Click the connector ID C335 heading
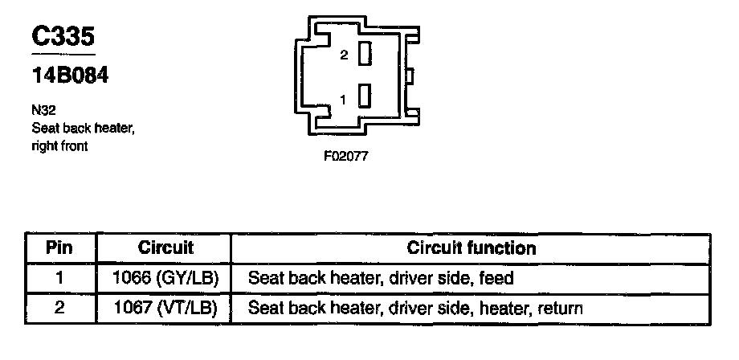(x=63, y=37)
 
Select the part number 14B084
(x=70, y=76)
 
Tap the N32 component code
(x=43, y=112)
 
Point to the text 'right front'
(x=59, y=146)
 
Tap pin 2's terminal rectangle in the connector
(x=365, y=55)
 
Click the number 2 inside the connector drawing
(x=344, y=55)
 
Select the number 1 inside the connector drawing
(x=343, y=100)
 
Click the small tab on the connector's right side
(x=409, y=76)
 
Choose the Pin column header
(x=60, y=247)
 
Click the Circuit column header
(x=166, y=247)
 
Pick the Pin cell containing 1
(x=60, y=279)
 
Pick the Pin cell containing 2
(x=60, y=308)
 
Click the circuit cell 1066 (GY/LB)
(x=166, y=279)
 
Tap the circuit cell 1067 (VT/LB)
(x=166, y=308)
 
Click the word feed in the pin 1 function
(x=498, y=279)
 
